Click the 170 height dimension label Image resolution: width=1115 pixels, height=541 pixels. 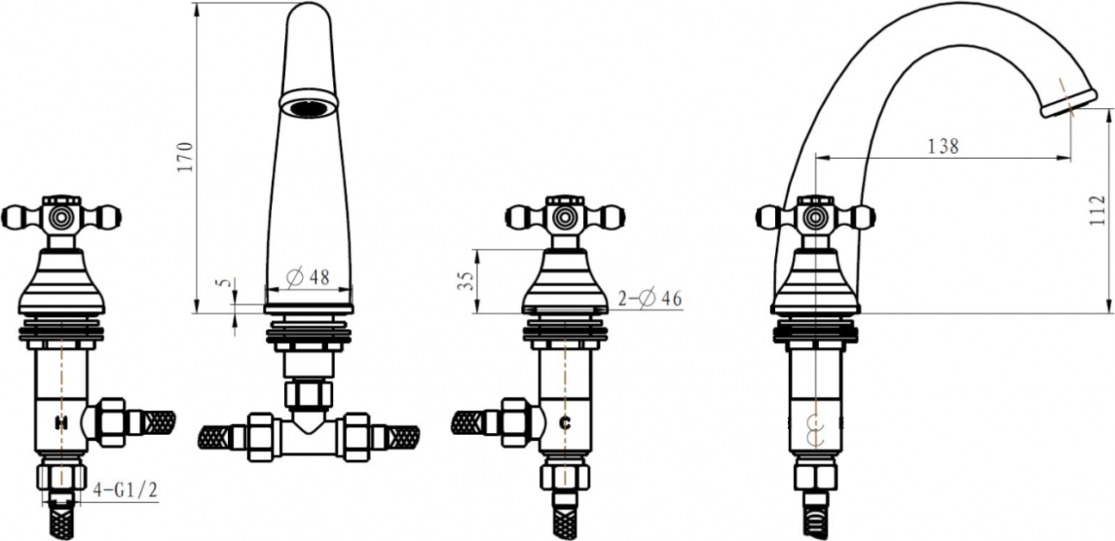[184, 157]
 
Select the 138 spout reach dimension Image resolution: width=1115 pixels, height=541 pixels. [944, 147]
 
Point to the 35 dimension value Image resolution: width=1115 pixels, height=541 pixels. [465, 280]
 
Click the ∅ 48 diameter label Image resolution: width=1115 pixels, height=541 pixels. [308, 277]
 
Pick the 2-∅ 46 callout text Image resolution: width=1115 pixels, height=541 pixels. [650, 299]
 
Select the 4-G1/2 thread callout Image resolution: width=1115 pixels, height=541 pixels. [126, 489]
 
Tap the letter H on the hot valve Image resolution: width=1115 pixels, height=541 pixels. [62, 423]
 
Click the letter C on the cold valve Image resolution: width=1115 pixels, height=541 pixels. [566, 423]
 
